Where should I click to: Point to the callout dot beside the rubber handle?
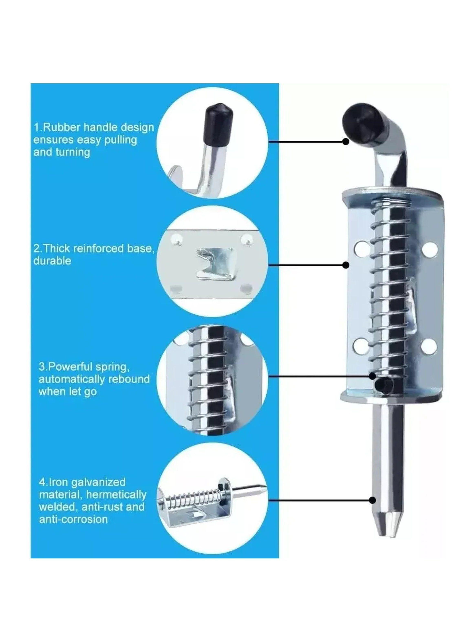[x=346, y=141]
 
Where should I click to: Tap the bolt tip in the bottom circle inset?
[x=262, y=487]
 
